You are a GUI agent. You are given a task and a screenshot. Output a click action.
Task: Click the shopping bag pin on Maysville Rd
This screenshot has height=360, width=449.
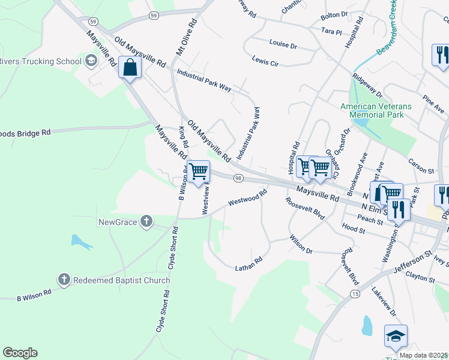(x=130, y=68)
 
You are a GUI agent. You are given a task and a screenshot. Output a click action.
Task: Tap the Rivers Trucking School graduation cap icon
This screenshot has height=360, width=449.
(x=91, y=61)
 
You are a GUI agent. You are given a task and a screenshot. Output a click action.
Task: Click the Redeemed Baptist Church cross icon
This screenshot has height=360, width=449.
(x=64, y=280)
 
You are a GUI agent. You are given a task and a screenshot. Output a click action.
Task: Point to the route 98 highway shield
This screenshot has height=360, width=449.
(x=238, y=178)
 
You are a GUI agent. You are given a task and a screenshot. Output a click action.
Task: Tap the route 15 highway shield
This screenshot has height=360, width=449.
(x=356, y=293)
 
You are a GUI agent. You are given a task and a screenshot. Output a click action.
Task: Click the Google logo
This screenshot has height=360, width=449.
(x=20, y=353)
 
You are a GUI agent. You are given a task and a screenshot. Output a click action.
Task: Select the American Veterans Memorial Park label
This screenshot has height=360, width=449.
(x=376, y=110)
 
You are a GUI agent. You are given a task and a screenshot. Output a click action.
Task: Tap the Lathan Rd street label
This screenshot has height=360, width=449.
(x=249, y=262)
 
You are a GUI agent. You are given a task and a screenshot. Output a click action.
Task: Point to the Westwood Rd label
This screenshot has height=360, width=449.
(x=247, y=199)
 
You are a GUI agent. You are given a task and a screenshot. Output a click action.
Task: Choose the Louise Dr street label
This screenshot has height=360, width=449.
(x=283, y=45)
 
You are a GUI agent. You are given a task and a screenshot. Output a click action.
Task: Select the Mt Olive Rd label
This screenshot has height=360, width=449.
(x=187, y=37)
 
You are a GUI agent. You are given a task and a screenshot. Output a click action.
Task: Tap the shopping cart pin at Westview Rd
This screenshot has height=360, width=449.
(x=198, y=172)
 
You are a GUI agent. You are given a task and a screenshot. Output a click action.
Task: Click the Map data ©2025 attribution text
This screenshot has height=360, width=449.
(x=423, y=355)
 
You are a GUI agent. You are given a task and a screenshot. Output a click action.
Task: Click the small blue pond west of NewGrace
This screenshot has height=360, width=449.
(x=80, y=242)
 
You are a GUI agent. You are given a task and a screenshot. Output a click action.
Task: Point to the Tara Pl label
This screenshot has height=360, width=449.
(x=331, y=31)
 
